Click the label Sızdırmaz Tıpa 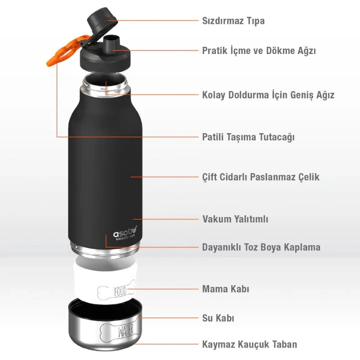[233, 21]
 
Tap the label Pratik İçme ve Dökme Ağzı [259, 50]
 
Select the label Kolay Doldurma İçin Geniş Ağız [268, 95]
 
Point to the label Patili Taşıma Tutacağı [248, 137]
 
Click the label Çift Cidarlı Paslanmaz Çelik [261, 177]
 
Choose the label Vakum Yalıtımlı [235, 219]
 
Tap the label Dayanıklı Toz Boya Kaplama [261, 247]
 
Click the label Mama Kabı [225, 289]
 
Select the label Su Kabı [218, 318]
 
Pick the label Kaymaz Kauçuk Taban [250, 344]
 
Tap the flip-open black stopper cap [102, 20]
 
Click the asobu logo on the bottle [125, 234]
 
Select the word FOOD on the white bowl [120, 292]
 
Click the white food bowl [105, 279]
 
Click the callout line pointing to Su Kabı [168, 318]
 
